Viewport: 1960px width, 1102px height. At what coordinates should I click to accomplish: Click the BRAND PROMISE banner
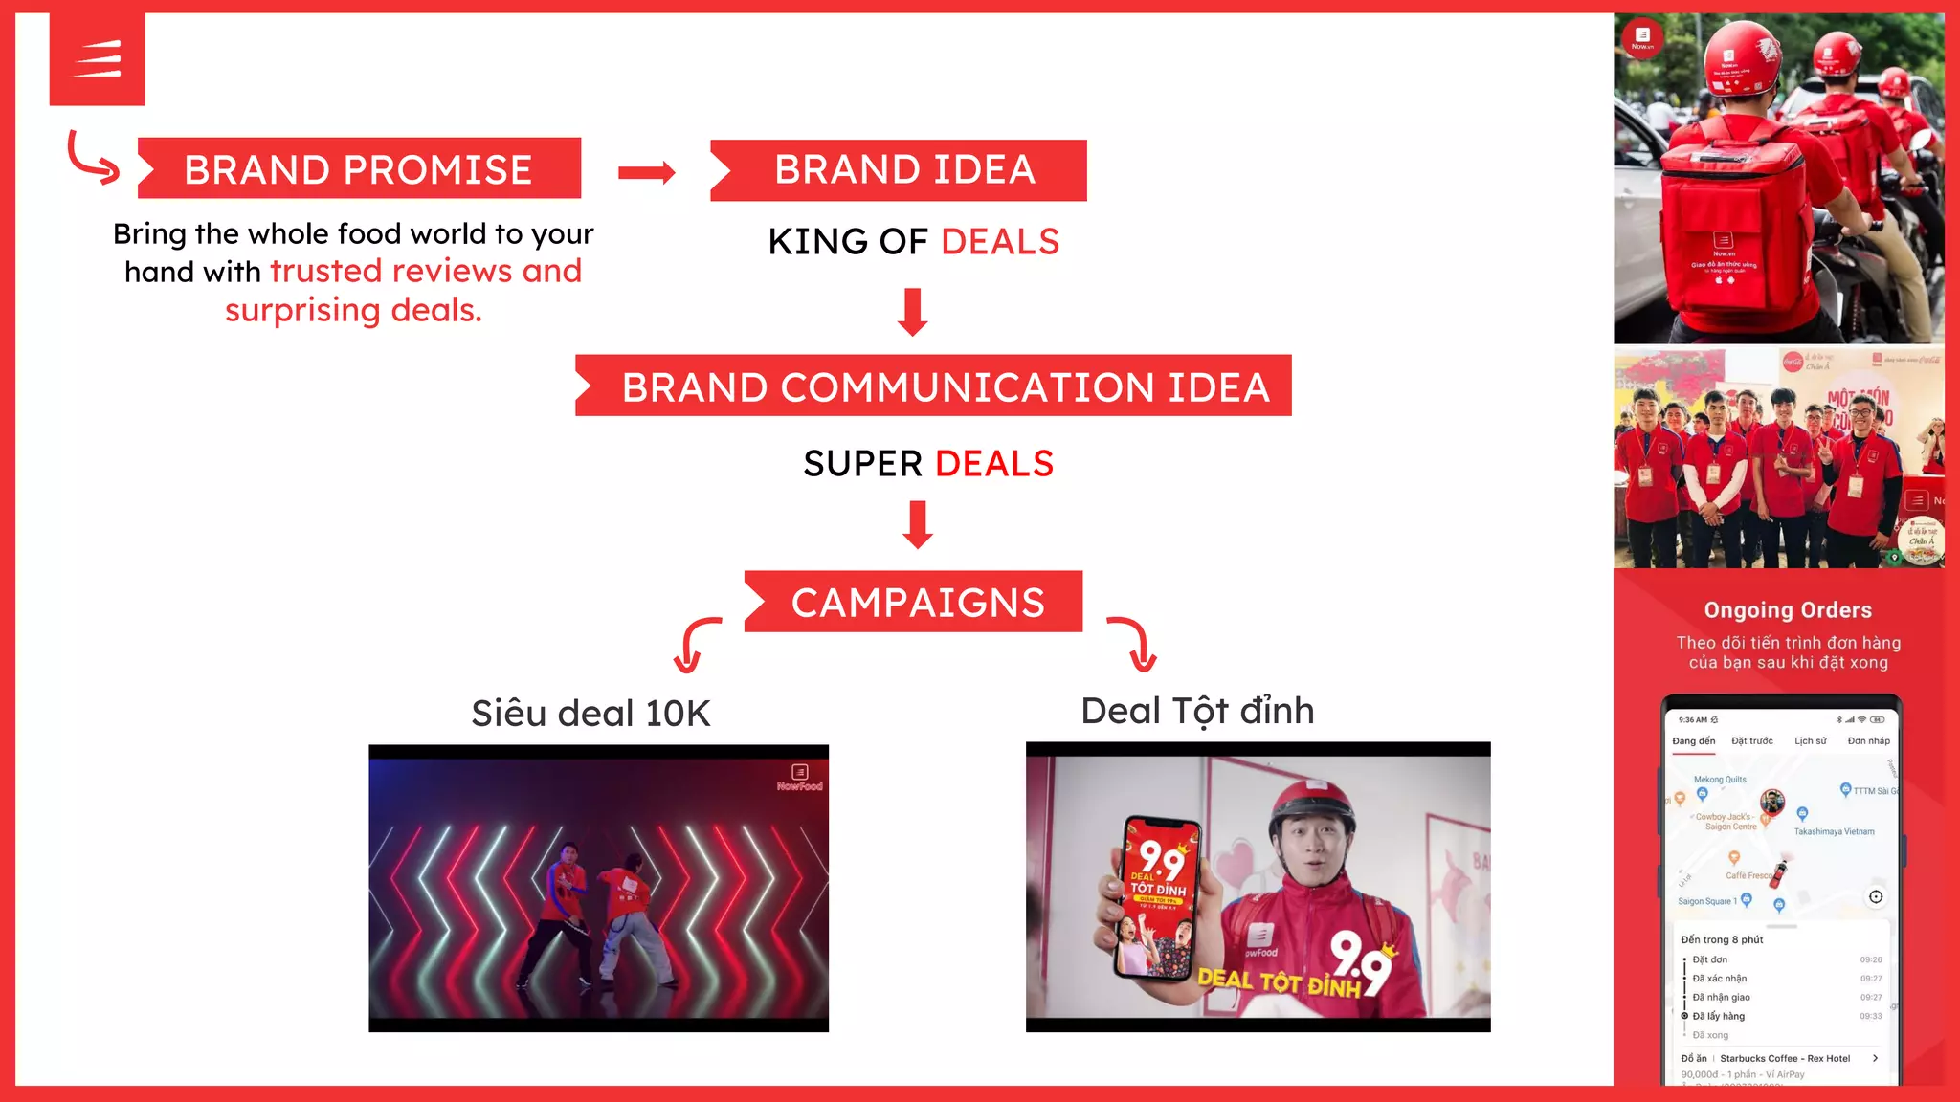pyautogui.click(x=359, y=169)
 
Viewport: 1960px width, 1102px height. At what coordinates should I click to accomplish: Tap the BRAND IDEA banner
pyautogui.click(x=899, y=170)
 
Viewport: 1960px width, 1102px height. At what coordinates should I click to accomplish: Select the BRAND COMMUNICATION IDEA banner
pyautogui.click(x=933, y=386)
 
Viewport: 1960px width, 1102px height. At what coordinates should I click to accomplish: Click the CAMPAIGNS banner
pyautogui.click(x=914, y=603)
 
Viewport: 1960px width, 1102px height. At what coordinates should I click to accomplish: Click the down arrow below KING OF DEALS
pyautogui.click(x=913, y=312)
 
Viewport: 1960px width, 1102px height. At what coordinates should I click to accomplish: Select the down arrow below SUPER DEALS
pyautogui.click(x=918, y=524)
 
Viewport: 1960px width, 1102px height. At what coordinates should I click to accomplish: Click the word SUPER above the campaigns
pyautogui.click(x=862, y=464)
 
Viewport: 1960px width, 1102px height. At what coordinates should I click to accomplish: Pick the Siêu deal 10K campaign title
pyautogui.click(x=590, y=714)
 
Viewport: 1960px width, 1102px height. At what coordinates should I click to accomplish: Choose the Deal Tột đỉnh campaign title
pyautogui.click(x=1197, y=711)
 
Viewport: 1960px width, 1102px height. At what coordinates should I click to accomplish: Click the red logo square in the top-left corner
pyautogui.click(x=98, y=59)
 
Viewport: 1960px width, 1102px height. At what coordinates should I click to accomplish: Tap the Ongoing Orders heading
pyautogui.click(x=1788, y=610)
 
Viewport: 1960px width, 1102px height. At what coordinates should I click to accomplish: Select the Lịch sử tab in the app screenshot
pyautogui.click(x=1810, y=741)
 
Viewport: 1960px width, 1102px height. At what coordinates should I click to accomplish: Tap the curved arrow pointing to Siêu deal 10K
pyautogui.click(x=696, y=645)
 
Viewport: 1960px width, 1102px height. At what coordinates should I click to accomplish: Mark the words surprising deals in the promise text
pyautogui.click(x=353, y=311)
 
